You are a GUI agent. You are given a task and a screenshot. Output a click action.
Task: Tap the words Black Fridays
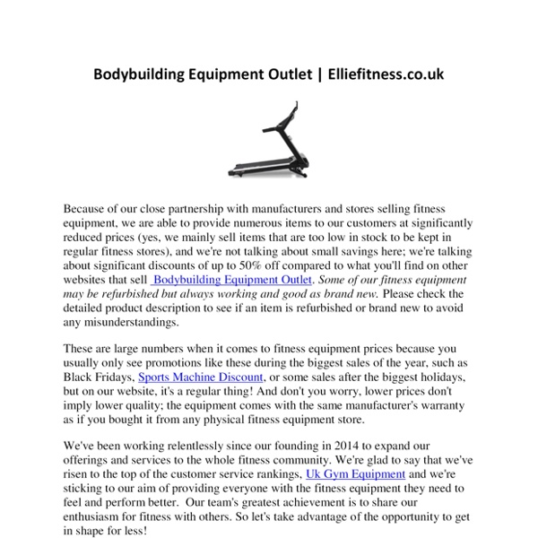[100, 377]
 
